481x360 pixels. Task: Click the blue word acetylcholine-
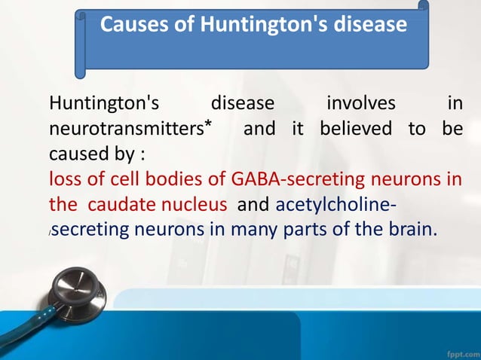(337, 205)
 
